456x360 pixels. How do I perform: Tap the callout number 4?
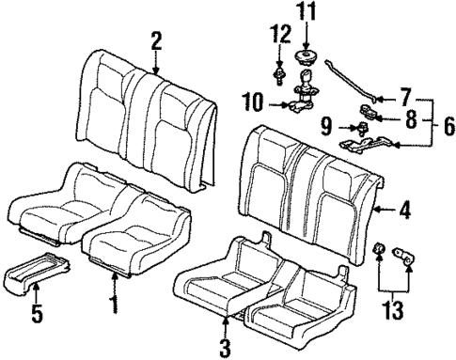point(404,211)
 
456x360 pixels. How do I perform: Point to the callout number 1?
point(116,303)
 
